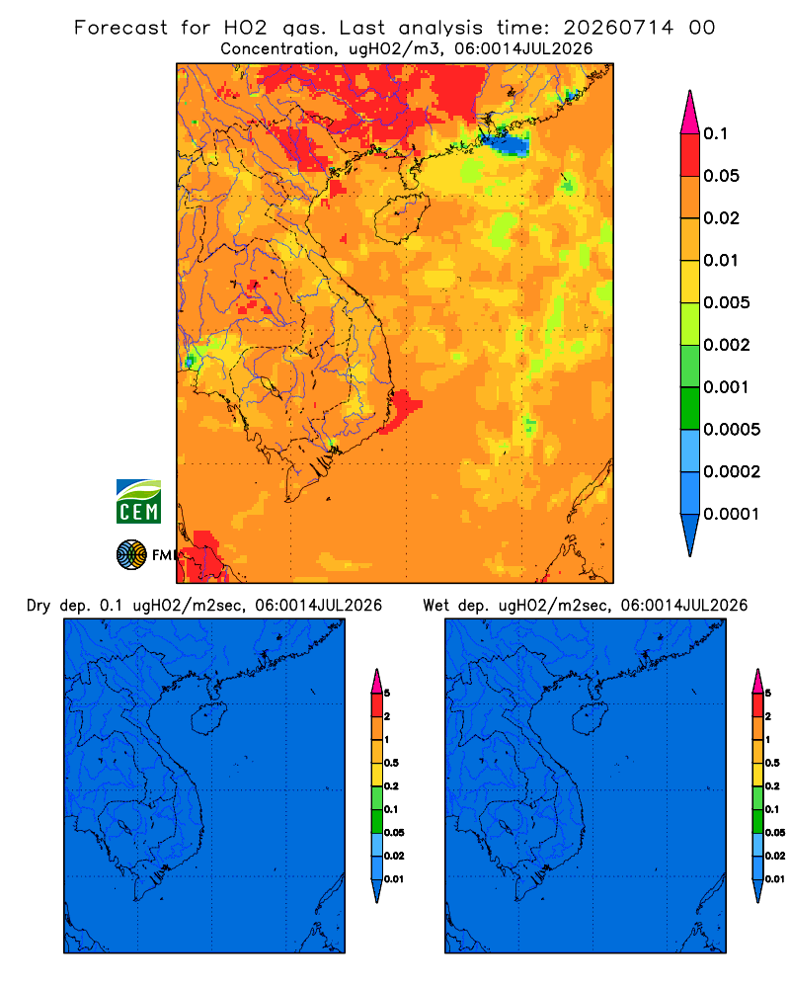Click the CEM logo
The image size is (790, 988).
point(138,502)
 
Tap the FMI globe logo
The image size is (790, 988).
point(131,555)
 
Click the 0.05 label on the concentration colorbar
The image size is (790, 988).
point(721,176)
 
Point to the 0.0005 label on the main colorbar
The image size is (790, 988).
point(732,430)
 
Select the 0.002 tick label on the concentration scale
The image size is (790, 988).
point(727,345)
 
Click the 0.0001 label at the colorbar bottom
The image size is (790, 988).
point(732,514)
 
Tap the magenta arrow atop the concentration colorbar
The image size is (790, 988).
point(690,112)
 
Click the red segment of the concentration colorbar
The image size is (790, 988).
point(690,154)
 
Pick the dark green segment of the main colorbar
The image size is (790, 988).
point(690,408)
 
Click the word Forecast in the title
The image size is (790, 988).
point(120,28)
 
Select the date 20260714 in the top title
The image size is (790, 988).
point(618,28)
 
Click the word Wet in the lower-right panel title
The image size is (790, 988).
point(435,606)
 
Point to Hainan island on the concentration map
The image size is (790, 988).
point(401,218)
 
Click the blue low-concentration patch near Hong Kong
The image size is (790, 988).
point(508,144)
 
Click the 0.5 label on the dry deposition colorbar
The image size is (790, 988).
point(391,763)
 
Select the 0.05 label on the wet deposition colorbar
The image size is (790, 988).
point(775,833)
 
